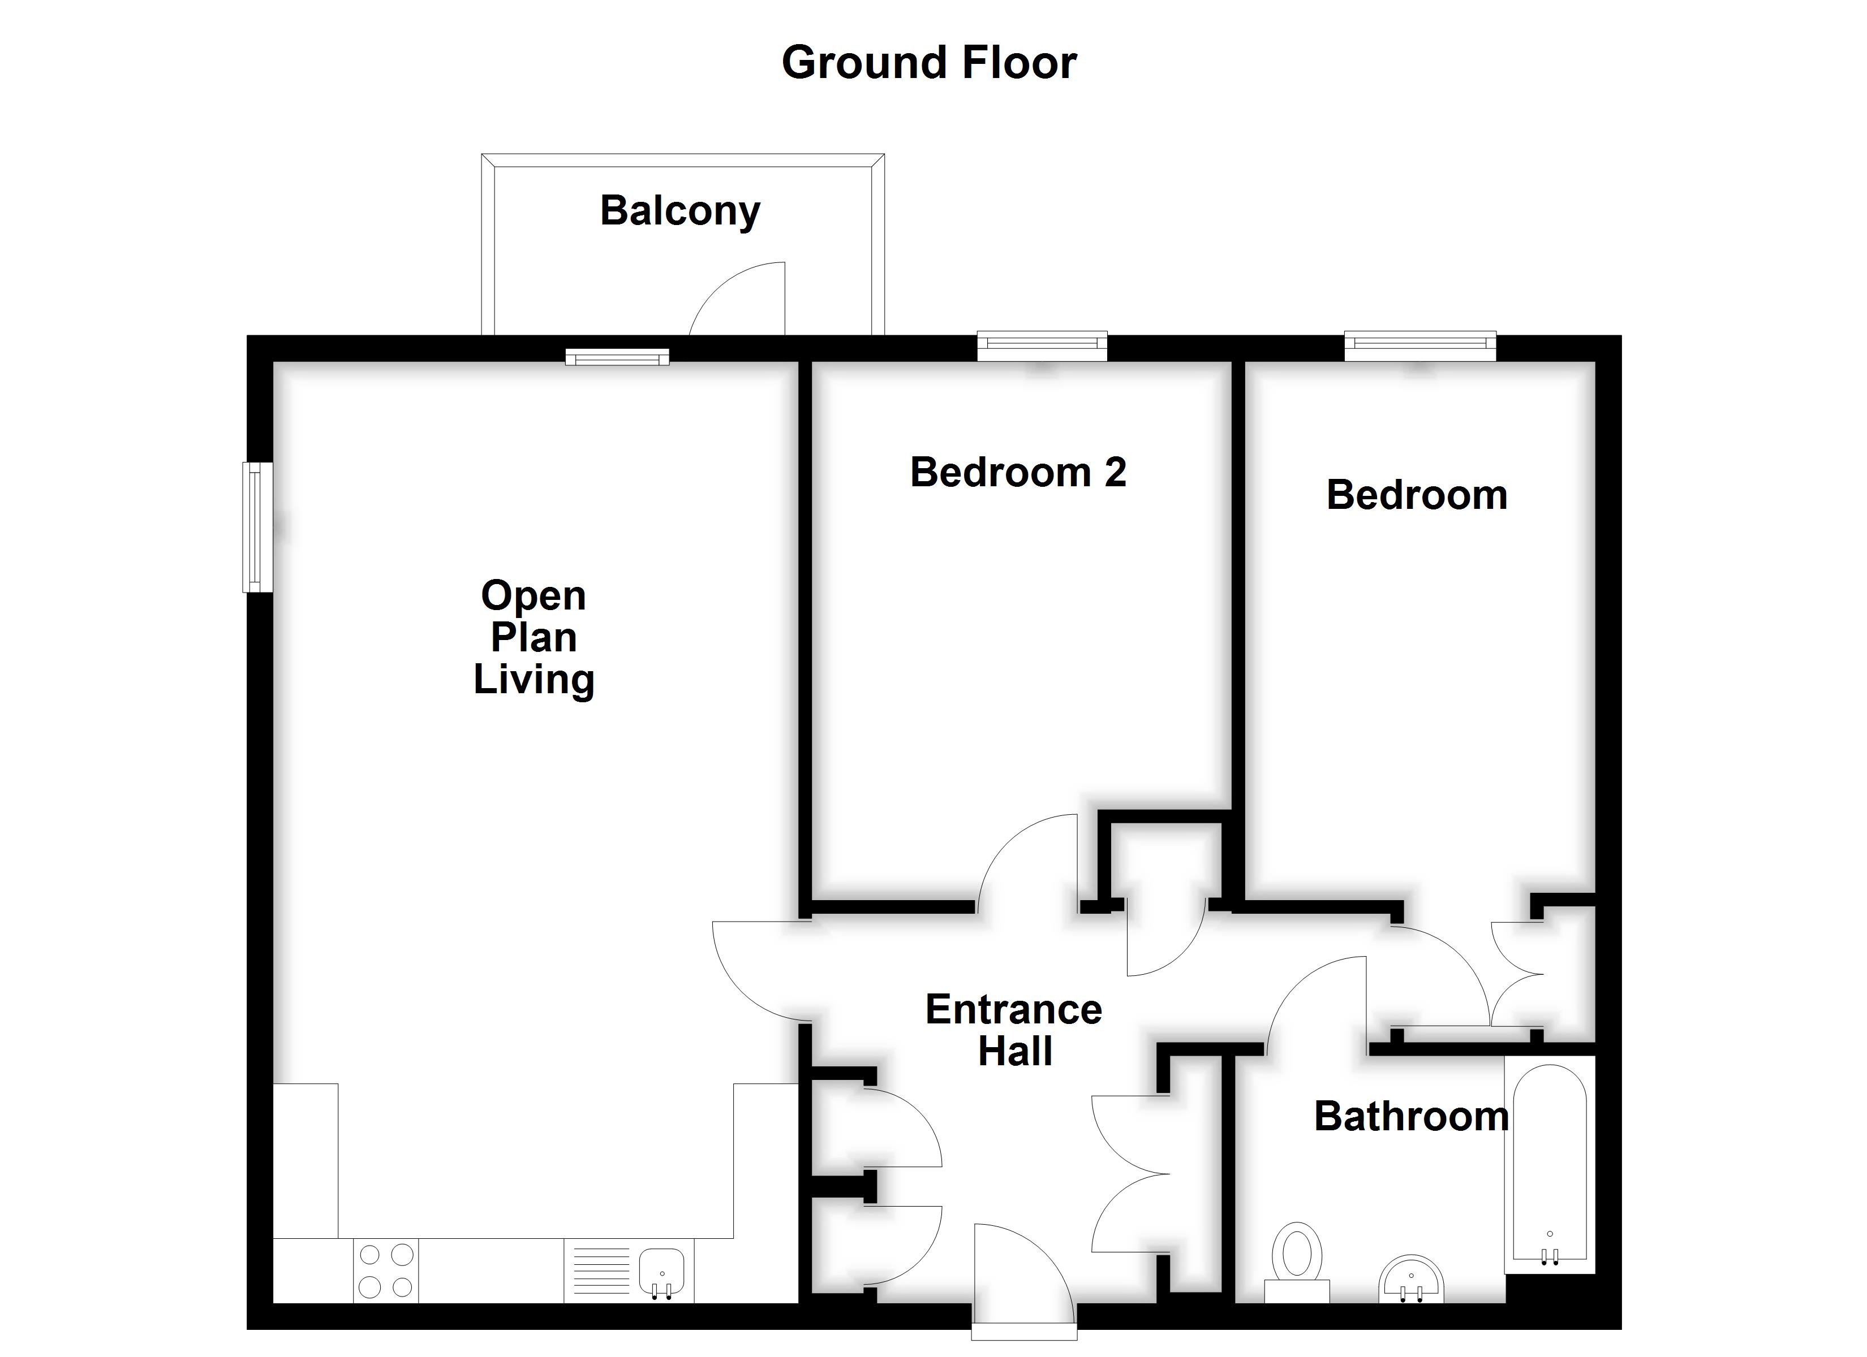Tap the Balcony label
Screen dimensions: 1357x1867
point(680,211)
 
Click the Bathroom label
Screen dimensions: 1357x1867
point(1411,1117)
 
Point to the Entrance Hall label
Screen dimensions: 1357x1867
point(1014,1030)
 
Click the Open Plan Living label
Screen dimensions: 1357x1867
point(534,638)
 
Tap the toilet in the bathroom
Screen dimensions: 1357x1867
point(1297,1260)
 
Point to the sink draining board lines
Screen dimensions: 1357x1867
point(601,1270)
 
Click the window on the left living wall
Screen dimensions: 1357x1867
point(257,526)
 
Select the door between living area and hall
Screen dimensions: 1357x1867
point(758,971)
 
